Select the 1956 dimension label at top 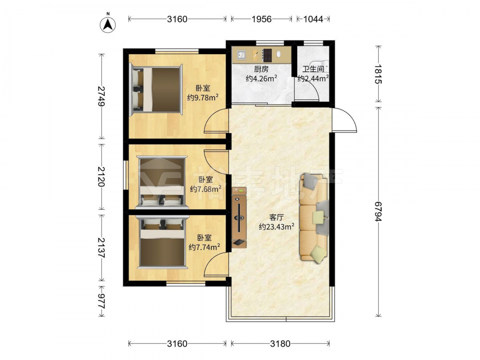coord(262,19)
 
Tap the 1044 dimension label coord(313,19)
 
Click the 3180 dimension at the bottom coord(280,344)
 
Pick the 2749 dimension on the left coord(101,96)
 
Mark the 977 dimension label coord(101,300)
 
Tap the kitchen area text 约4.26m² coord(262,78)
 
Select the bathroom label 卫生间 coord(313,69)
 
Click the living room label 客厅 coord(276,217)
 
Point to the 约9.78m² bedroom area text coord(203,97)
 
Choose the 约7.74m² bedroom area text coord(204,247)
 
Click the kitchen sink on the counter coord(241,55)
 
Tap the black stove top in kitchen coord(267,55)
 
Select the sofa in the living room coord(314,217)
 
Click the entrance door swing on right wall coord(345,120)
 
